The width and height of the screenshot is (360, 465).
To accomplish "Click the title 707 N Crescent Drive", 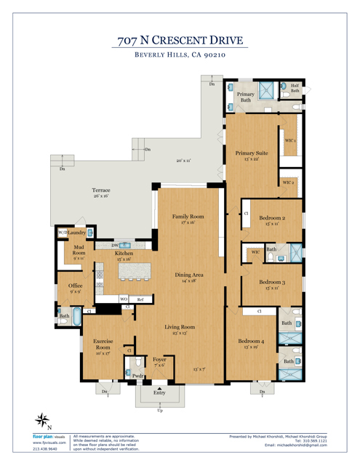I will point(180,39).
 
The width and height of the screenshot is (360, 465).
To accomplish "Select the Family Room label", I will point(188,217).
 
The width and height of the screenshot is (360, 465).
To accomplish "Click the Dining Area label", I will point(188,275).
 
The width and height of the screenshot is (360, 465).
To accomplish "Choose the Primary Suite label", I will point(251,153).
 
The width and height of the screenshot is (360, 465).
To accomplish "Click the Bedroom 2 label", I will point(272,217).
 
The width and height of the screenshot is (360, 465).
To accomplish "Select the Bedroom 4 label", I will point(251,341).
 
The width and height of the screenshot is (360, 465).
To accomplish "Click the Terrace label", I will point(100,190).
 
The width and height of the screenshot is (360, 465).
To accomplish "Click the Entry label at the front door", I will point(159,393).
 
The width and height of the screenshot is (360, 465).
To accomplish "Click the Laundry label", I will point(77,232).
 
